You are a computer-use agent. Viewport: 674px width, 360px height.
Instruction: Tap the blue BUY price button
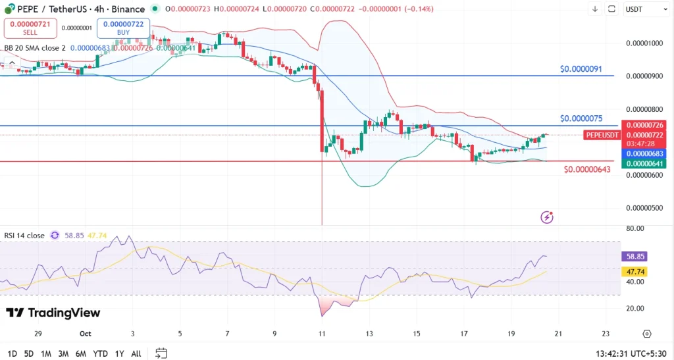point(123,28)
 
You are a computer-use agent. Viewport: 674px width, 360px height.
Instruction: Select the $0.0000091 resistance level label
point(581,69)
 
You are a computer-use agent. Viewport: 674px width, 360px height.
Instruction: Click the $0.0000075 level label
point(581,118)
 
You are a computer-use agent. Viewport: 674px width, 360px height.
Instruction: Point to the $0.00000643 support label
point(587,170)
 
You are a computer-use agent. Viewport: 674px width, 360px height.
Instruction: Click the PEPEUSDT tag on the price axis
point(602,135)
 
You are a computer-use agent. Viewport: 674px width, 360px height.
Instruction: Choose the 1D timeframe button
point(13,353)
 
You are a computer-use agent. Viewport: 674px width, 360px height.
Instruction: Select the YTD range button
point(100,353)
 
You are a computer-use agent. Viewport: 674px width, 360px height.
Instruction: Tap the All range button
point(136,353)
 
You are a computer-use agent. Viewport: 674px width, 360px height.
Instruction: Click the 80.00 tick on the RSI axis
point(635,229)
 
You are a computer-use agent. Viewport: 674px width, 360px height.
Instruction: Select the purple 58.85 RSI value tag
point(635,257)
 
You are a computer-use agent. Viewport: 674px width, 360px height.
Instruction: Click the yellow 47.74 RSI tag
point(635,271)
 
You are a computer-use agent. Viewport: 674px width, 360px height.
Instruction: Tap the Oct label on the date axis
point(85,334)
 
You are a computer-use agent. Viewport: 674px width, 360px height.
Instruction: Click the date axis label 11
point(322,334)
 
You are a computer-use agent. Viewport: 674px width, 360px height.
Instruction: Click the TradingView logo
point(53,313)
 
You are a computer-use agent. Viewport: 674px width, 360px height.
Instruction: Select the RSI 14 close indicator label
point(24,235)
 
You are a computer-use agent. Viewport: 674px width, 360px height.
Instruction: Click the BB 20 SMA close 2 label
point(35,48)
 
